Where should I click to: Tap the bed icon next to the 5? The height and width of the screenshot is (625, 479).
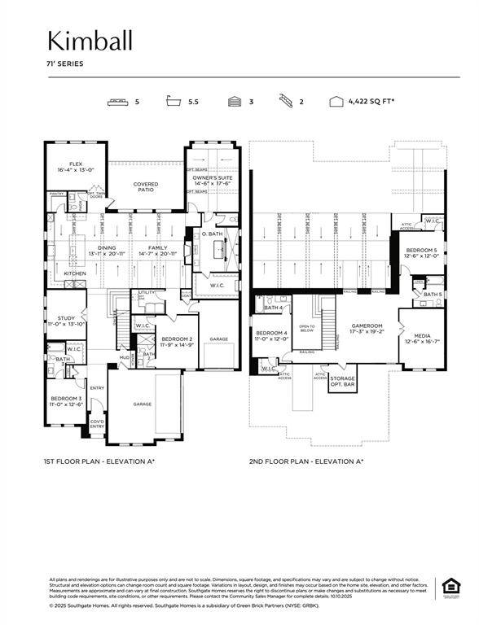pyautogui.click(x=119, y=102)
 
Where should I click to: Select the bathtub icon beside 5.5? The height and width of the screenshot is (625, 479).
pyautogui.click(x=173, y=102)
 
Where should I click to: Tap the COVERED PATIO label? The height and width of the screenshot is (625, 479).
pyautogui.click(x=146, y=186)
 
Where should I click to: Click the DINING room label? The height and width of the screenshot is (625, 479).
pyautogui.click(x=107, y=250)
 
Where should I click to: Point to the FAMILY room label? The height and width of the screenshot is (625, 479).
pyautogui.click(x=157, y=250)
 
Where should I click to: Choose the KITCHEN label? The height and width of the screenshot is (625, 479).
pyautogui.click(x=75, y=273)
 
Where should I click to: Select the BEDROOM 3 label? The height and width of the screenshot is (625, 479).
pyautogui.click(x=64, y=400)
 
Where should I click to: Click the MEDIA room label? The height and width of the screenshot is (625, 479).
pyautogui.click(x=423, y=338)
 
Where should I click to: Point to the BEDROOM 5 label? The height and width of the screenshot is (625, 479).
pyautogui.click(x=422, y=252)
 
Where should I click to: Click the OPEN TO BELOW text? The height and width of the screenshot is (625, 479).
pyautogui.click(x=307, y=328)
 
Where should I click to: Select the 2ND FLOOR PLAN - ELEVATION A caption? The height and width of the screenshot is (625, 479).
pyautogui.click(x=306, y=461)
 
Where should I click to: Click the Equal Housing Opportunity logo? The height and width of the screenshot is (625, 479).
pyautogui.click(x=449, y=588)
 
